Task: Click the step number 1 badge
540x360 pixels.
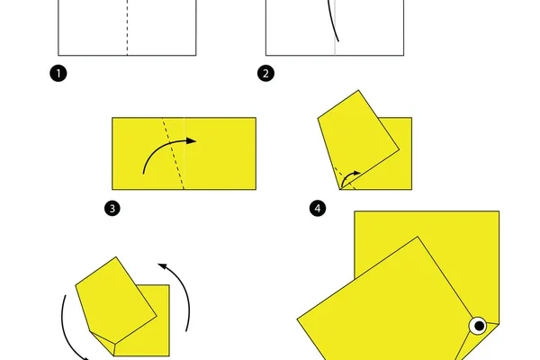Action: click(x=58, y=74)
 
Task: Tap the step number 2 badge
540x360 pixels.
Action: click(x=265, y=74)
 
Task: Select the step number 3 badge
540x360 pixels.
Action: click(x=112, y=209)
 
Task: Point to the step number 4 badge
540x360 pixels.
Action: click(x=318, y=209)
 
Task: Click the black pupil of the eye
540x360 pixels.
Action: click(x=479, y=326)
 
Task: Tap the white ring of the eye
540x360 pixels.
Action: click(x=472, y=326)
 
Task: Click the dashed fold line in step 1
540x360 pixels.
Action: click(x=128, y=28)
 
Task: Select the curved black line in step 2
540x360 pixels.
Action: click(x=332, y=22)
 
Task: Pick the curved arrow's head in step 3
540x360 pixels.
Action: click(x=192, y=140)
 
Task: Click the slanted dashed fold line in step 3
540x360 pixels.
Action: click(x=173, y=154)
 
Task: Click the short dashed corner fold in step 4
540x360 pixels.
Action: click(x=345, y=178)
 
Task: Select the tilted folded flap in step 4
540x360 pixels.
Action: click(x=358, y=138)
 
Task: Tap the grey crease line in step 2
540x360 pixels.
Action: click(x=335, y=28)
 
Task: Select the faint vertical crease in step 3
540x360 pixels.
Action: click(x=184, y=154)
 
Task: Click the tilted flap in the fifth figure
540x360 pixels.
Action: click(x=115, y=300)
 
